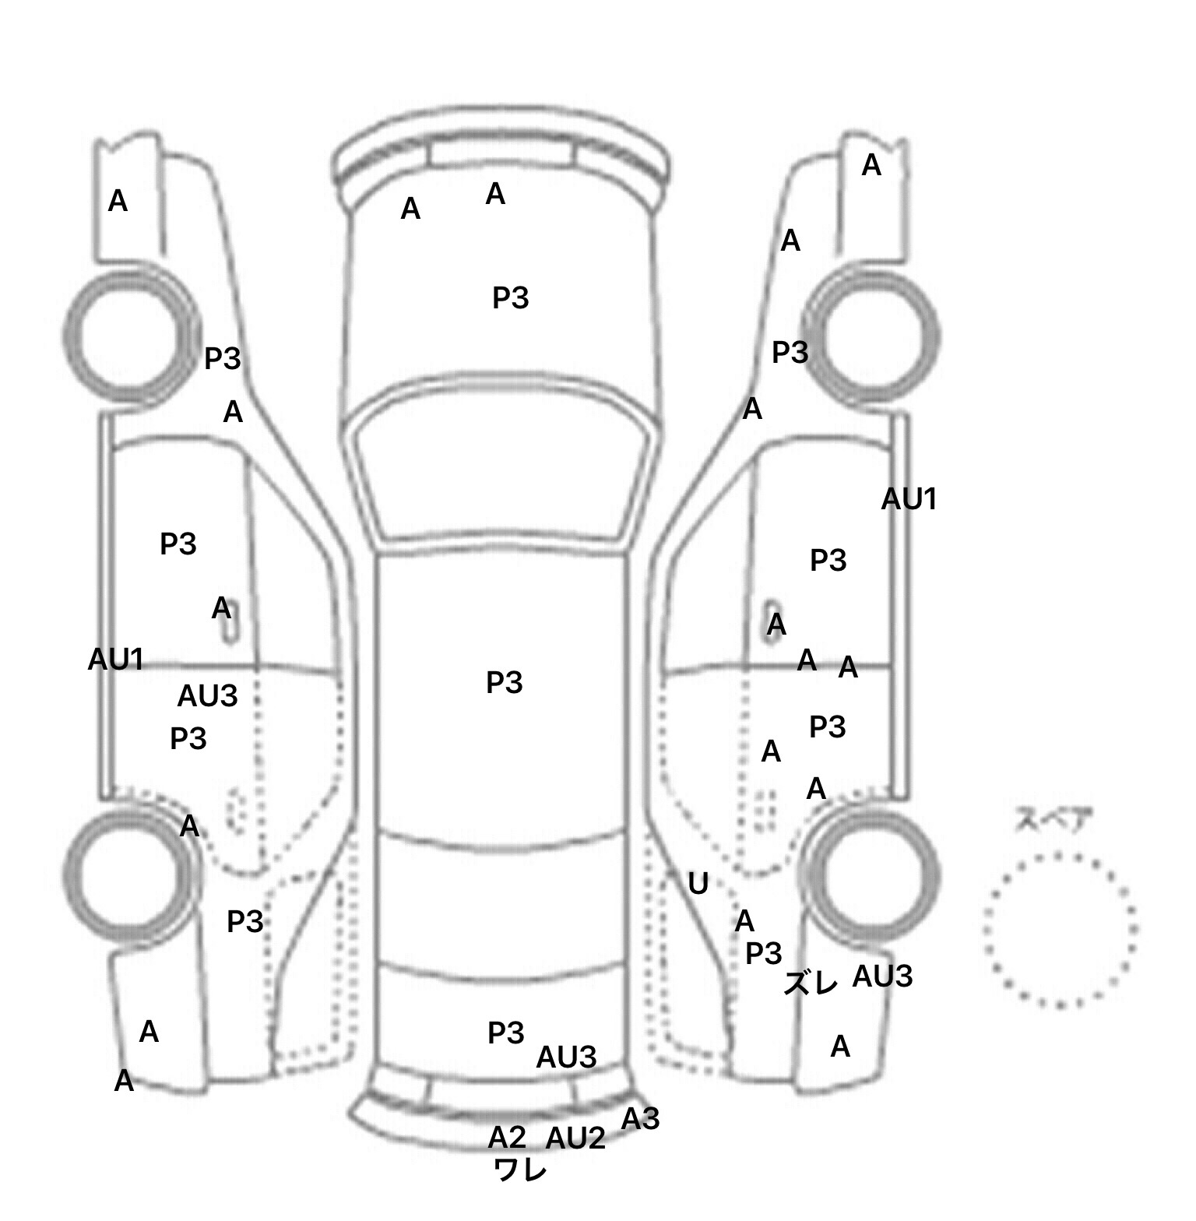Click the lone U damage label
[x=698, y=883]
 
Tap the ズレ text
[x=811, y=983]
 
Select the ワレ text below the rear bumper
[x=520, y=1170]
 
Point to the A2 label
[x=507, y=1138]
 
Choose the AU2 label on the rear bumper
[x=575, y=1138]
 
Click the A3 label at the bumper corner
[x=640, y=1119]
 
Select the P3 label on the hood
[x=511, y=297]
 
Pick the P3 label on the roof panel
[x=504, y=683]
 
